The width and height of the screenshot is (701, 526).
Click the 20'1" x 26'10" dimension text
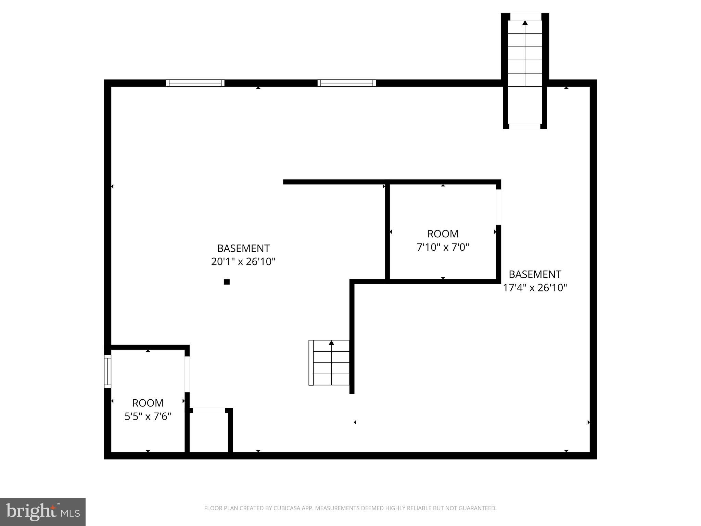click(x=243, y=262)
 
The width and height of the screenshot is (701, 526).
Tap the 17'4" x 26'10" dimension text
click(x=535, y=287)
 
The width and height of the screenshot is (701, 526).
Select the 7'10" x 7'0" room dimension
click(x=443, y=247)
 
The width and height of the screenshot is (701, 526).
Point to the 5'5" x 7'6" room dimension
click(x=148, y=416)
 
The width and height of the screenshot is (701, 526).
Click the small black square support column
click(x=227, y=282)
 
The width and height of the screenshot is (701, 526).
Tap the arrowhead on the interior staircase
click(x=331, y=342)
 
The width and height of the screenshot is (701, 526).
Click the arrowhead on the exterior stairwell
click(x=525, y=23)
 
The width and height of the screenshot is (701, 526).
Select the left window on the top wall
click(x=195, y=83)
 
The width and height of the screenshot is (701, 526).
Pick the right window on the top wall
click(x=347, y=83)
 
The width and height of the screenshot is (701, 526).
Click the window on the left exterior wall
click(x=108, y=372)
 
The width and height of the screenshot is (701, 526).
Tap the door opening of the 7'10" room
click(x=499, y=207)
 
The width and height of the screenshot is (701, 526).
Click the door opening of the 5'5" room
click(x=187, y=374)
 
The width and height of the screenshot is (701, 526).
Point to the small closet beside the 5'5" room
click(x=209, y=432)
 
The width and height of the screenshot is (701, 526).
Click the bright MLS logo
click(x=43, y=512)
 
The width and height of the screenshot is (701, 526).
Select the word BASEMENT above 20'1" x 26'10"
click(x=243, y=248)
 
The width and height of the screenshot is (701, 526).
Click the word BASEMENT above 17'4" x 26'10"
click(x=535, y=274)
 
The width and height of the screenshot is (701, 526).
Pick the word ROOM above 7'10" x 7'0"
click(x=443, y=234)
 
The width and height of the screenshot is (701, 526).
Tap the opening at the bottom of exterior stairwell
click(x=525, y=126)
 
